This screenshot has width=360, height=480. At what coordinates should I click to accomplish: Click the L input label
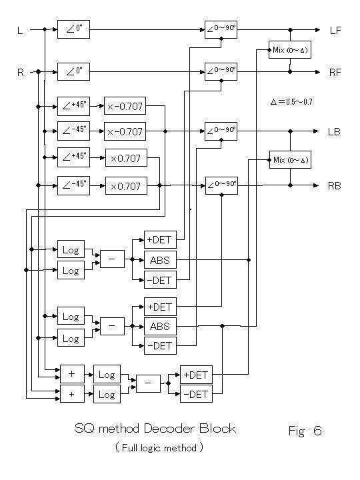click(20, 30)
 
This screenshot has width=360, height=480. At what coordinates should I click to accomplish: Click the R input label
click(21, 73)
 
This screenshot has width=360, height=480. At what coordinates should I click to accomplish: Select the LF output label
click(335, 30)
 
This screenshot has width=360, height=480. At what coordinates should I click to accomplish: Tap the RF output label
click(335, 73)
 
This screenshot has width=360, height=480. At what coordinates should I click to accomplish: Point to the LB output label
click(334, 131)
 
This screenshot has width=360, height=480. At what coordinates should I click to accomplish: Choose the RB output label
click(334, 186)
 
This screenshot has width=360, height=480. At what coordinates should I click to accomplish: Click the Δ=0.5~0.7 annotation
click(291, 101)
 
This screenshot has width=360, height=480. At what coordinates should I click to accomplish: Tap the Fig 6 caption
click(305, 431)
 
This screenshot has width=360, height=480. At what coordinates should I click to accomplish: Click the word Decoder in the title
click(169, 428)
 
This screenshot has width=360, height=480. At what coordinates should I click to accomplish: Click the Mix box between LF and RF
click(290, 50)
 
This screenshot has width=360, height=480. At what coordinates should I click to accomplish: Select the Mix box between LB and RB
click(290, 160)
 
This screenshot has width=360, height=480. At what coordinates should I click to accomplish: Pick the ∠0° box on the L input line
click(73, 29)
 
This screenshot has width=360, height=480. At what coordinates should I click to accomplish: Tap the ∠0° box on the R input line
click(73, 71)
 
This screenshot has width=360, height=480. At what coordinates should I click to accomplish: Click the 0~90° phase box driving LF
click(221, 30)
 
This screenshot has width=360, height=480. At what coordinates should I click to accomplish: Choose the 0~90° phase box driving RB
click(221, 185)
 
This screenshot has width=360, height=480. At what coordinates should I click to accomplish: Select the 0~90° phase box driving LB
click(221, 131)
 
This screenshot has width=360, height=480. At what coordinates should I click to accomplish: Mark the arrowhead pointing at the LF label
click(318, 30)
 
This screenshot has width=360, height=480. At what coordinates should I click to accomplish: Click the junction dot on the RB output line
click(290, 185)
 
